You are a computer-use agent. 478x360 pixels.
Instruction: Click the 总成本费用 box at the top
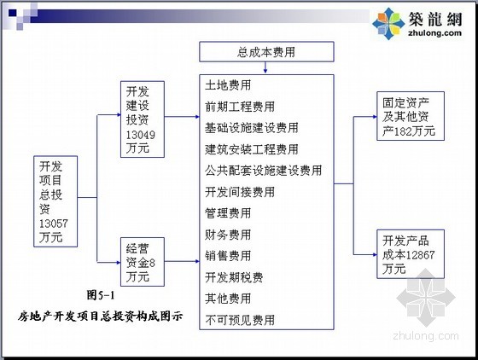[x=266, y=52]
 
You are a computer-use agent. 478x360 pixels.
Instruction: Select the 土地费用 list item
[x=228, y=85]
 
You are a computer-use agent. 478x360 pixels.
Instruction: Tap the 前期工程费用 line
[x=240, y=107]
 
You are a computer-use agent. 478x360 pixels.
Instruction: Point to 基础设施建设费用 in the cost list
[x=252, y=128]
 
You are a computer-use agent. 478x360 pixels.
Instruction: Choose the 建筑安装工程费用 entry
[x=252, y=149]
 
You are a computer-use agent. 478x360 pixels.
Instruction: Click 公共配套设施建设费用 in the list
[x=264, y=171]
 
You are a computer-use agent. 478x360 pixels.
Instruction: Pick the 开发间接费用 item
[x=240, y=192]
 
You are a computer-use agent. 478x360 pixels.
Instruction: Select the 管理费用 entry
[x=228, y=213]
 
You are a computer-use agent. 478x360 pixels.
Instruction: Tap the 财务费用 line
[x=228, y=235]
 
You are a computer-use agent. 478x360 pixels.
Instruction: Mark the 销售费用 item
[x=228, y=256]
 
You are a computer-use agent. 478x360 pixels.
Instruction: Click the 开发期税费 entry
[x=234, y=277]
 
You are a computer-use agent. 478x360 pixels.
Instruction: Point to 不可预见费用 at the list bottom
[x=240, y=320]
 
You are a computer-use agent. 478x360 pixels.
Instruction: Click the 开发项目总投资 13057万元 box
[x=55, y=201]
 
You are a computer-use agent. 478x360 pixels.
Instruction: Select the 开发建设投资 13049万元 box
[x=143, y=119]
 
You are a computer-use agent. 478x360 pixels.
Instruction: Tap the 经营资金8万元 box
[x=143, y=262]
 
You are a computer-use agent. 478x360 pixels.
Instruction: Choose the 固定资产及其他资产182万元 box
[x=411, y=116]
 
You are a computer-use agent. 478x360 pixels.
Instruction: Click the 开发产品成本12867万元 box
[x=411, y=254]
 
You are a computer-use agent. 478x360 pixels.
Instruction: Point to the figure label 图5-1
[x=101, y=295]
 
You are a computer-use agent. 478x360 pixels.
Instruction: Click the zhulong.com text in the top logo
[x=434, y=32]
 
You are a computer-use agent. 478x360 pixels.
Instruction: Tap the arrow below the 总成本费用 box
[x=265, y=67]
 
